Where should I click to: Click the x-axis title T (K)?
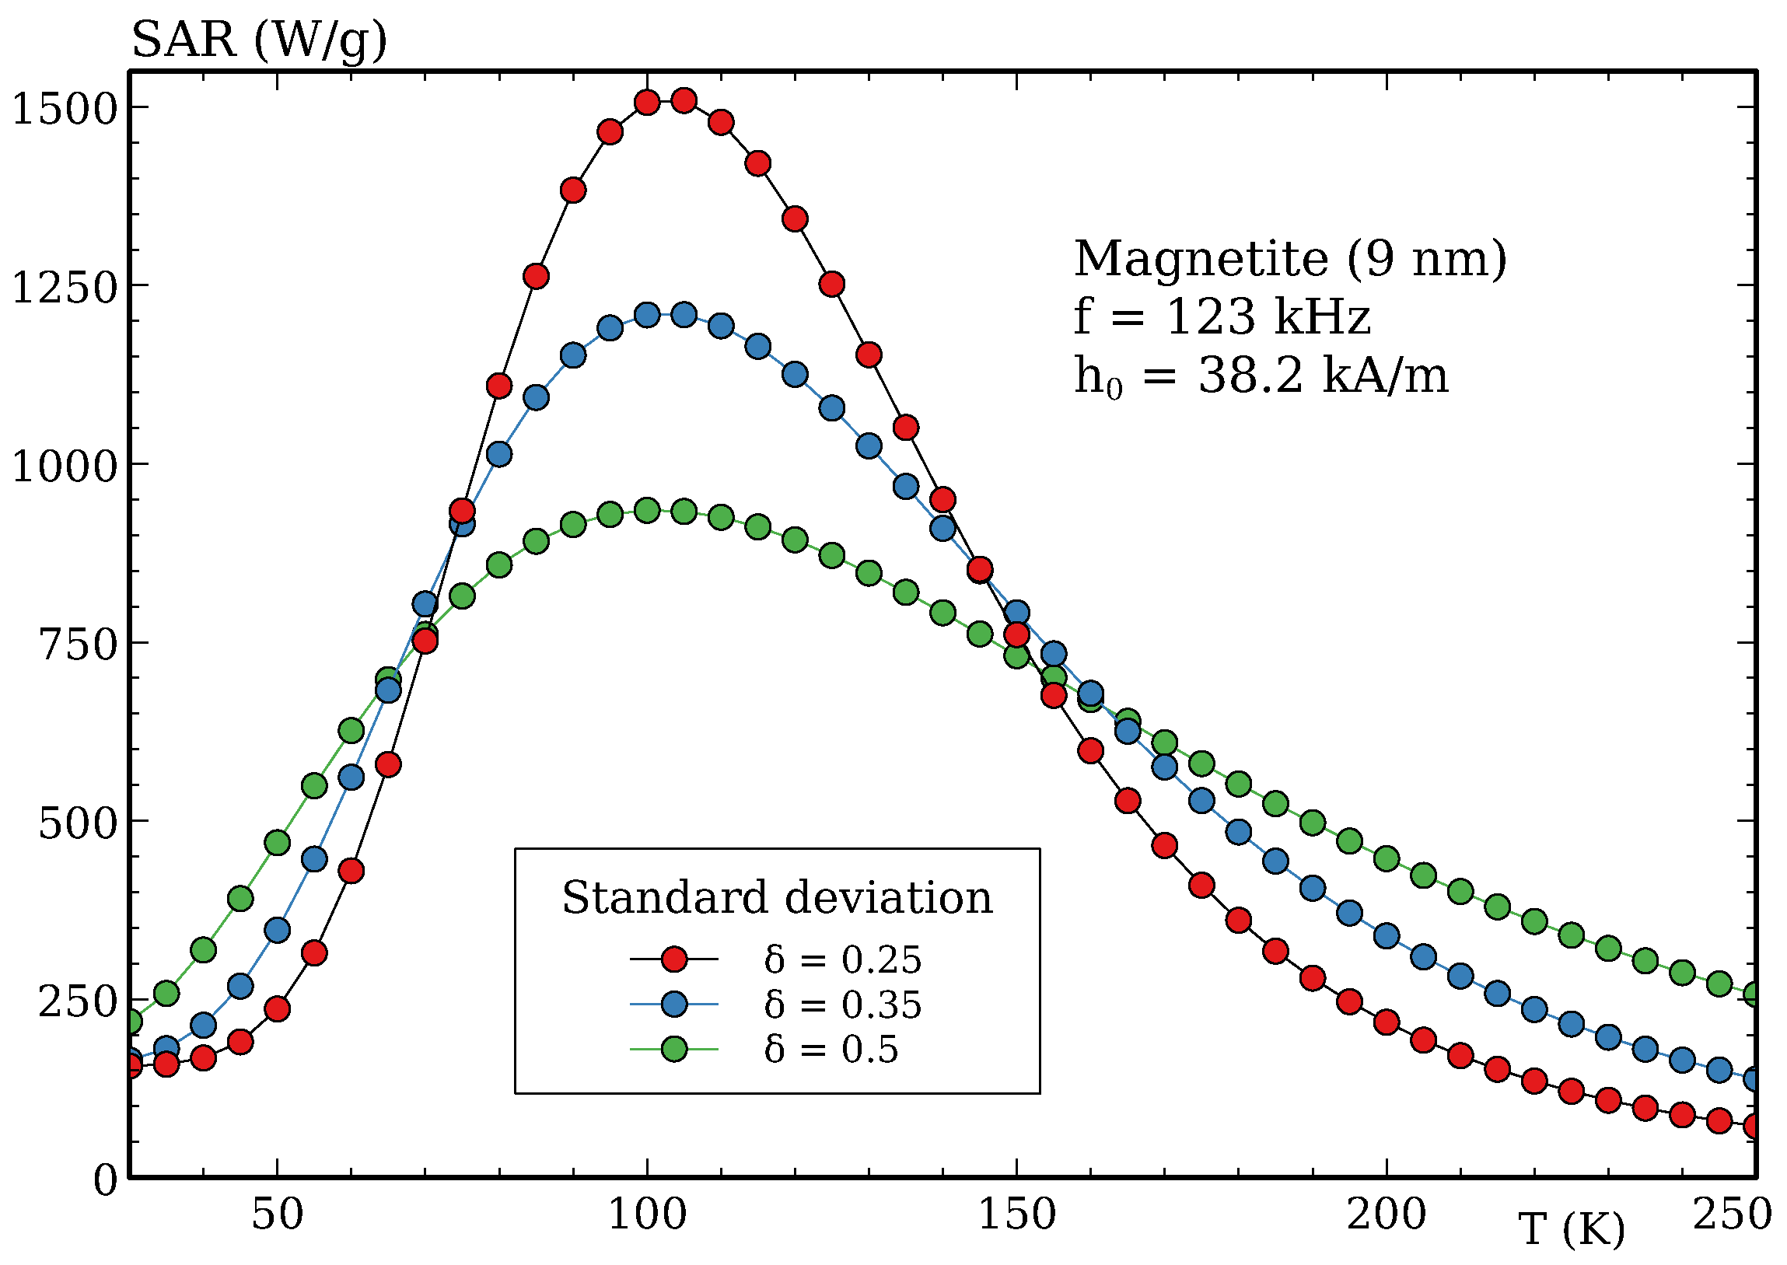pos(1572,1229)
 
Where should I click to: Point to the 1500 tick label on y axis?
pos(64,108)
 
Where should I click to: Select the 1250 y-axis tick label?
pos(64,287)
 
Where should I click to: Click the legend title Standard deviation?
pos(777,897)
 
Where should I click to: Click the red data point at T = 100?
pos(646,102)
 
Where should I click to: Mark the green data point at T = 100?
pos(646,511)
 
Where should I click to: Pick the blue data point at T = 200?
pos(1386,935)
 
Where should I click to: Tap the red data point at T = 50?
pos(278,1008)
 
